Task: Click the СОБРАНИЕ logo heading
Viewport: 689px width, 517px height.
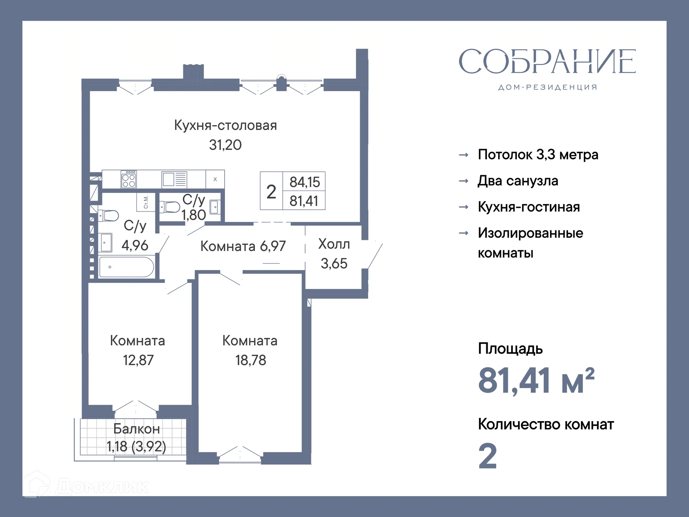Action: [x=547, y=62]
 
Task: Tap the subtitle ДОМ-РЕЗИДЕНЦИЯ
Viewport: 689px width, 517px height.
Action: [x=548, y=87]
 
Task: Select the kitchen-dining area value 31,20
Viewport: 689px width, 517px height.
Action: [x=225, y=145]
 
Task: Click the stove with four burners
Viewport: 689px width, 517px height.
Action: [x=129, y=179]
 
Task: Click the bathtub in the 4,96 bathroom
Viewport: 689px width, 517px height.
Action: [x=126, y=267]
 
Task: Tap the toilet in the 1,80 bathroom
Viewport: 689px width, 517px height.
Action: [x=170, y=207]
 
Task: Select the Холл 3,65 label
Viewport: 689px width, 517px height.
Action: [x=334, y=253]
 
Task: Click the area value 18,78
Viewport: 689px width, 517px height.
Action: [x=250, y=360]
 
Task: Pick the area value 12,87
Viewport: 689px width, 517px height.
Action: [x=138, y=360]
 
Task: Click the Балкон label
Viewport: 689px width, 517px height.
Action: [x=136, y=429]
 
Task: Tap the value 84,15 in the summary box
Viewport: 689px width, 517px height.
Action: [x=304, y=182]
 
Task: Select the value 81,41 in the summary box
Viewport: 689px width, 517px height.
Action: [x=304, y=201]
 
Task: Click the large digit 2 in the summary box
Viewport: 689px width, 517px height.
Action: [x=271, y=191]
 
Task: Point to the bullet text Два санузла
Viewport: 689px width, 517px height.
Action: [x=518, y=181]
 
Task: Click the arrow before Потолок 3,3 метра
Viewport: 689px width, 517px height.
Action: [x=464, y=155]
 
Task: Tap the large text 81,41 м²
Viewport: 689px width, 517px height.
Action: [x=536, y=381]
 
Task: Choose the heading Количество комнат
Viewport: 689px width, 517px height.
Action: [x=546, y=424]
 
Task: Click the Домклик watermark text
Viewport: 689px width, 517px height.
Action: [x=102, y=487]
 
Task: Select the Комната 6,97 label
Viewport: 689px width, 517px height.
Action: [x=243, y=246]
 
